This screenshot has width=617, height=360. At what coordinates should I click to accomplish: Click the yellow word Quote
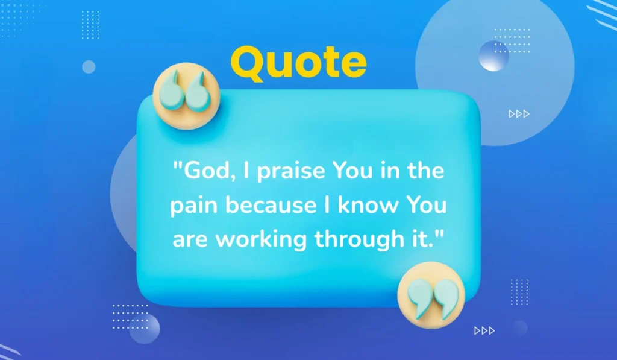[298, 63]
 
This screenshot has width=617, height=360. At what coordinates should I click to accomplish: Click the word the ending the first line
[424, 172]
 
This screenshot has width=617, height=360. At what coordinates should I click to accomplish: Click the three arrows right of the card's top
[519, 113]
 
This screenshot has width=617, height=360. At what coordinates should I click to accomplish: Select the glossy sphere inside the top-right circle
[493, 56]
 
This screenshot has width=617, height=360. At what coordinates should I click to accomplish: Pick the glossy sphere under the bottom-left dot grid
[145, 329]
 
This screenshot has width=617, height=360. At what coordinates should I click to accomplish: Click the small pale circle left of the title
[89, 67]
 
